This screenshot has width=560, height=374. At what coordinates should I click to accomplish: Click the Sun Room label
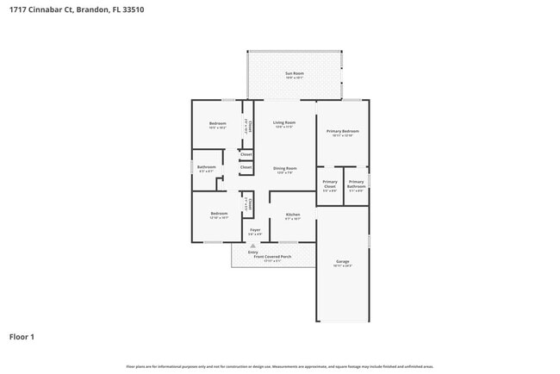295,73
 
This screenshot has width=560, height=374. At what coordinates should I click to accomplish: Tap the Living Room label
285,123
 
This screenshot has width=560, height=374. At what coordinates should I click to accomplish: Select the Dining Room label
285,168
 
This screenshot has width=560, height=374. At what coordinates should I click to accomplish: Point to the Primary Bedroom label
342,131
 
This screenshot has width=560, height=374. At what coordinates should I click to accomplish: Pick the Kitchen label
293,214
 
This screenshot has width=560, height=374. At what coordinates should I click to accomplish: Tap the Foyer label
255,230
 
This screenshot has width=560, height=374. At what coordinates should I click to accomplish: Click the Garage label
342,260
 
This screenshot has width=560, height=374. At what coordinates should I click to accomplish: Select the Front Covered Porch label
272,256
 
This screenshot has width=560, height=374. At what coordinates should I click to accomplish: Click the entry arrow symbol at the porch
253,245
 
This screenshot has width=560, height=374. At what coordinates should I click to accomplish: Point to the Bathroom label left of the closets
206,167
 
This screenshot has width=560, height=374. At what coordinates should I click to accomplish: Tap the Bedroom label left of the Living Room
218,124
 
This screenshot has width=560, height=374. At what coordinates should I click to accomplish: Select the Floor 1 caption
22,336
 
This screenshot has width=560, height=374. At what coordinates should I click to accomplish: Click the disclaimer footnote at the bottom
279,366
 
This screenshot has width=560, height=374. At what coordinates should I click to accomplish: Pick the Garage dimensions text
342,265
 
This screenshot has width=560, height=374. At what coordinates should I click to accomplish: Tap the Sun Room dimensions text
295,78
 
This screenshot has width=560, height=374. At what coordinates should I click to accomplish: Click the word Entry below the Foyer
252,252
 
